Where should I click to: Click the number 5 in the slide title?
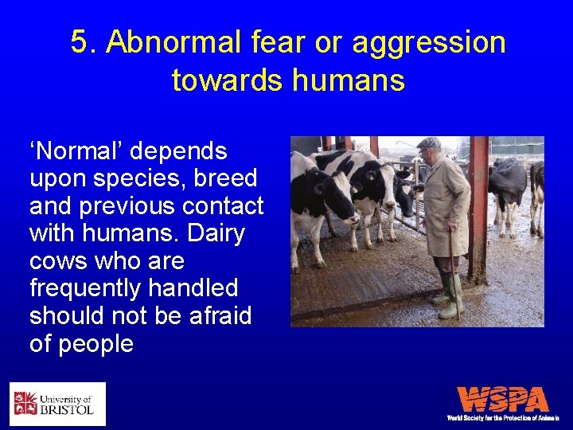tap(79, 42)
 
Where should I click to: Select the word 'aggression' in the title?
tap(429, 42)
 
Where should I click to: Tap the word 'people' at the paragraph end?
tap(93, 344)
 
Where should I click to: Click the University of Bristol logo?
tap(57, 404)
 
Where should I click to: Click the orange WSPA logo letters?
tap(502, 399)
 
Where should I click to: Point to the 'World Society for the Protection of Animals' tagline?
tap(502, 418)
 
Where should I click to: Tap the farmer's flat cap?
tap(429, 143)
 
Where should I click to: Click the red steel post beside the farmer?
tap(478, 207)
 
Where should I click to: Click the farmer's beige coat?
tap(446, 207)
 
